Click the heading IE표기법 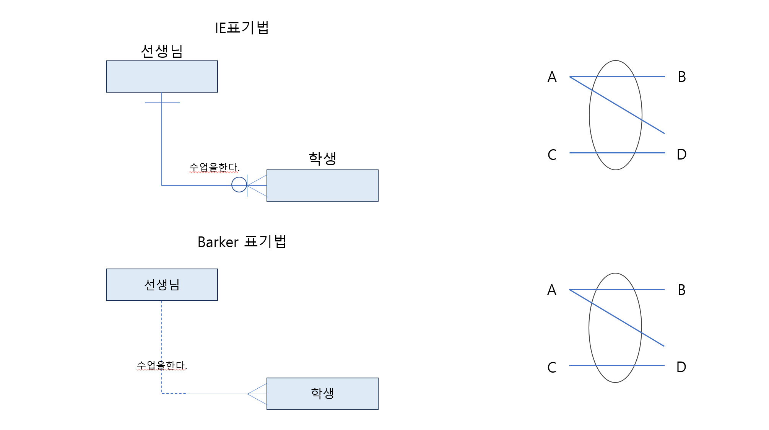242,28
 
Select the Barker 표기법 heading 242,242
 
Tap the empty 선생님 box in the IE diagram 162,77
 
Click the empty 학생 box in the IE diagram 322,186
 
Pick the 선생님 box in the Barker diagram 162,285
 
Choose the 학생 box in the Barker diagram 322,394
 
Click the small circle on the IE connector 239,185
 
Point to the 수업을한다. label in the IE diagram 214,167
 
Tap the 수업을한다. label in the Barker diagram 162,365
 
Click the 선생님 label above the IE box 162,51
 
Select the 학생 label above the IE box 322,158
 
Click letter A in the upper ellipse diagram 552,77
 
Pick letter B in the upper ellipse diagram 682,77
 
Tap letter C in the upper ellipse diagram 552,155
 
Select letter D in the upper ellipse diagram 681,155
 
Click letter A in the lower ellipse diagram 551,290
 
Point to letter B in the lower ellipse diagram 681,290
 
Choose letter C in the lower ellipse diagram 551,368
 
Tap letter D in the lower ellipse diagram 681,367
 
